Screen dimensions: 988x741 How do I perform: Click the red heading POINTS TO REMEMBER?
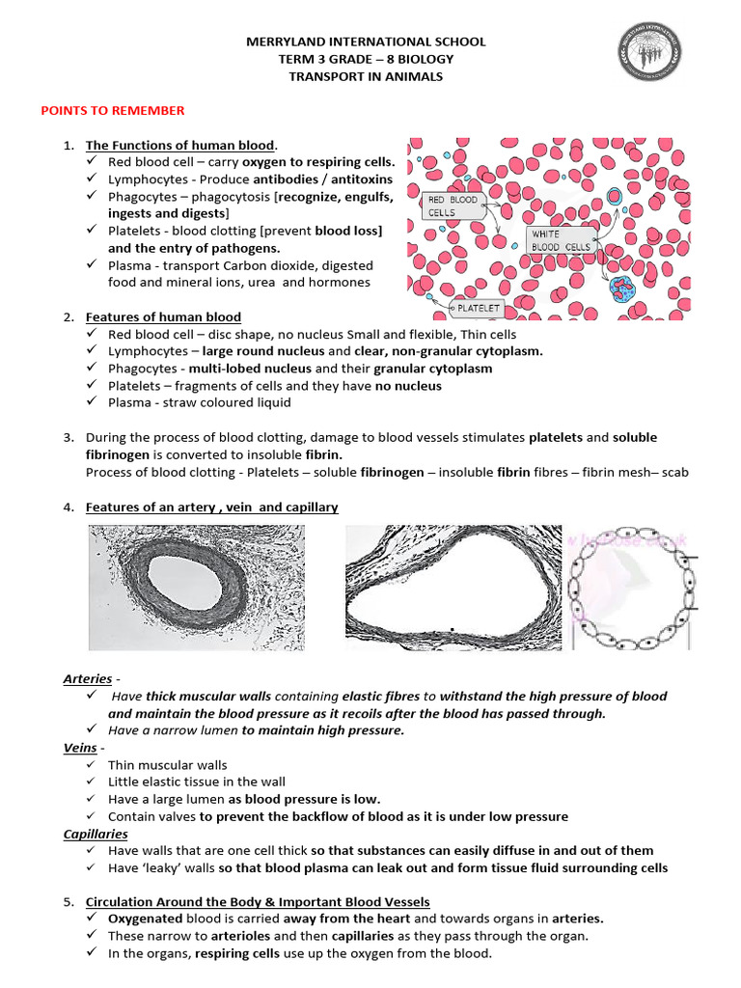coord(112,111)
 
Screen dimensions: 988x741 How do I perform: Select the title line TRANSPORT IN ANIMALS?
coord(367,76)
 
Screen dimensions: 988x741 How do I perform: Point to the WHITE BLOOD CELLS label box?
coord(561,240)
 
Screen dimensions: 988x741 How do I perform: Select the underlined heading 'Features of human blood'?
coord(163,316)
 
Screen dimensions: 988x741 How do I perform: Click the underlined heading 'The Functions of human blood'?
coord(180,145)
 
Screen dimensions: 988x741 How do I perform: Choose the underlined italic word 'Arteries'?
coord(88,678)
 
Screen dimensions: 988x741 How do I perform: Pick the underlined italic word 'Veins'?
coord(80,747)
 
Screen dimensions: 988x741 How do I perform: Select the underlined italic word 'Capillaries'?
coord(96,833)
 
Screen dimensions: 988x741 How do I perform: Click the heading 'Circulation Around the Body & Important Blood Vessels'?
coord(258,901)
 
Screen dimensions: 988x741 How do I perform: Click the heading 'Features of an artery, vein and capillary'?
coord(211,507)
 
